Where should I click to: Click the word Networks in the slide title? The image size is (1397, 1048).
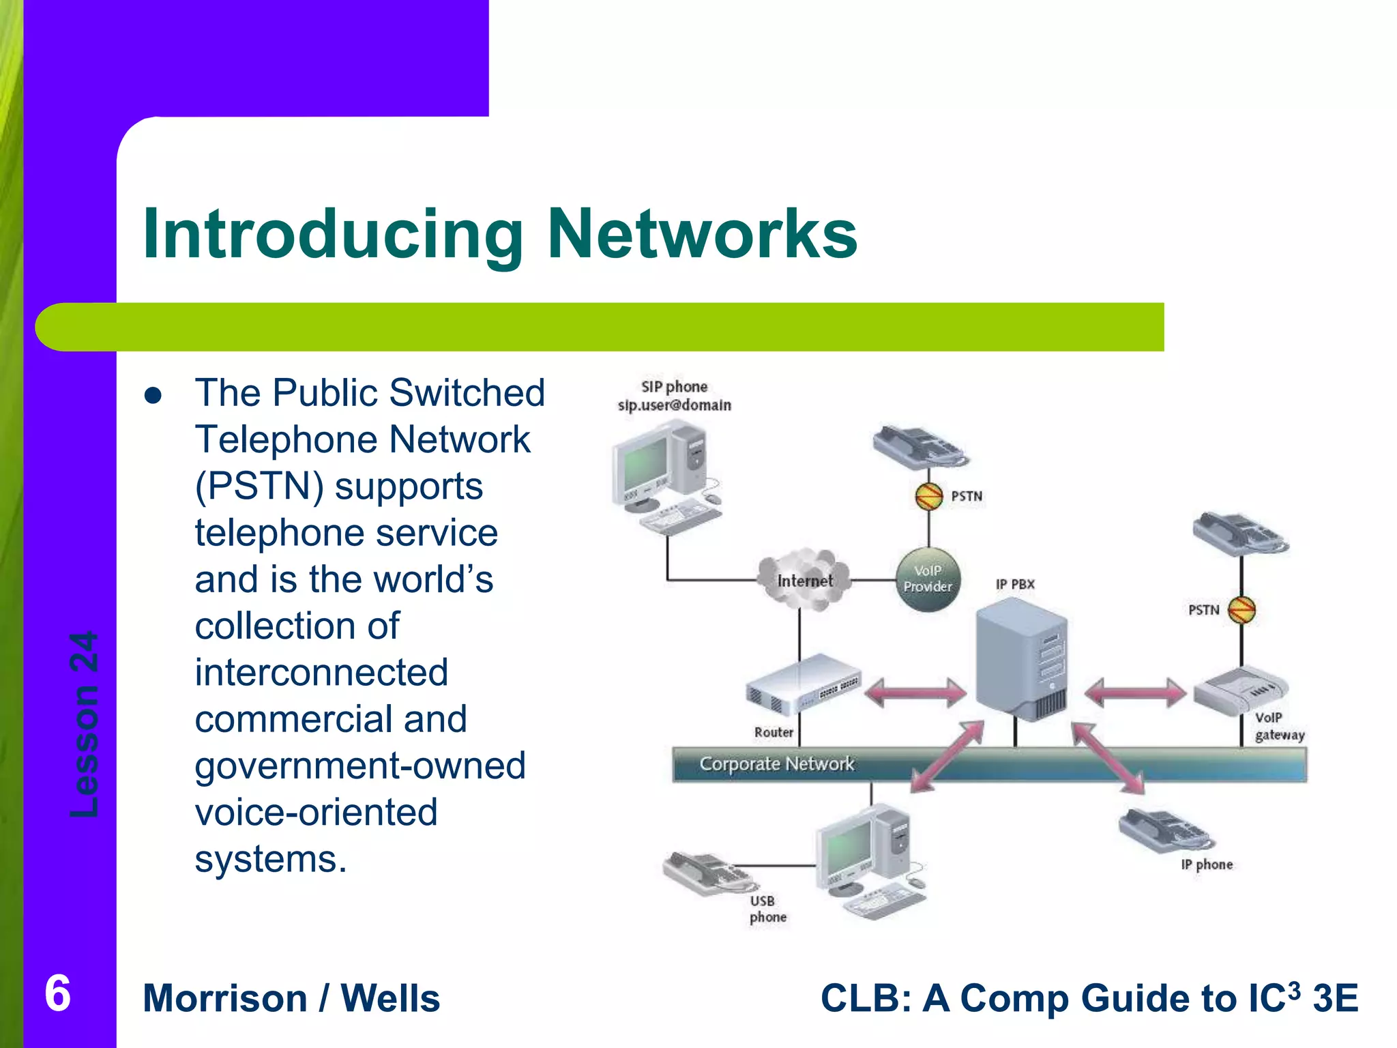point(702,234)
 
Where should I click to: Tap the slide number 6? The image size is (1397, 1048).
point(58,993)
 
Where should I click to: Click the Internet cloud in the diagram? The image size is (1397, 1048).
point(805,580)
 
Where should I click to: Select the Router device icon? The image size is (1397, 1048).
point(804,684)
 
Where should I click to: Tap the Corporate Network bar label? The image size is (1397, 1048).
point(776,763)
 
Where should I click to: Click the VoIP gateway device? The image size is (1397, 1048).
point(1240,690)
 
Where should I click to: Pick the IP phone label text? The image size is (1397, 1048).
point(1207,864)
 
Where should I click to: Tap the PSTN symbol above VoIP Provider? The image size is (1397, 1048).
point(928,496)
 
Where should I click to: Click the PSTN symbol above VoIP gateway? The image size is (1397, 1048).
point(1241,609)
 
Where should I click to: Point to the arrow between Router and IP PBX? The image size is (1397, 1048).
point(915,693)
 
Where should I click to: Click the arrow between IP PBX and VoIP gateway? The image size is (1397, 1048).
point(1135,693)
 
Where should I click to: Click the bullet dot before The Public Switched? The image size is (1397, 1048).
point(153,396)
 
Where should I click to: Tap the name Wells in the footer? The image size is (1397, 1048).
point(390,998)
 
